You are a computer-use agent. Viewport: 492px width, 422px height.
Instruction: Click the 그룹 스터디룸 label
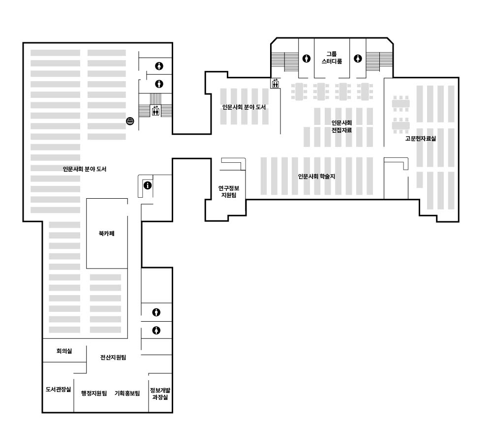point(332,58)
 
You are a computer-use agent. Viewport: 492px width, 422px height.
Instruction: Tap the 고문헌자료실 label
point(421,138)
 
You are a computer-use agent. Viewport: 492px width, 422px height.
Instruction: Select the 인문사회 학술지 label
point(316,177)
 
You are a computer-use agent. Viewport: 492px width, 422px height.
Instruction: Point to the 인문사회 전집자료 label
point(342,126)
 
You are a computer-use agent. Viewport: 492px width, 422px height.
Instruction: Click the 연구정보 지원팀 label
point(229,191)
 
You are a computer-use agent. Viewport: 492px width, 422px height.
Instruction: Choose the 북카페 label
point(107,234)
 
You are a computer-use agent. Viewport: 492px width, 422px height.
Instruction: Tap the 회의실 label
point(64,351)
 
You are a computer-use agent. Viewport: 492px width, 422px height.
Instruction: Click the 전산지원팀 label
point(113,357)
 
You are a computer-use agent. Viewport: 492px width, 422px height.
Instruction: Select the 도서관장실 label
point(59,390)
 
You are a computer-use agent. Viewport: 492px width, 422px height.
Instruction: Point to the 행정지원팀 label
point(94,393)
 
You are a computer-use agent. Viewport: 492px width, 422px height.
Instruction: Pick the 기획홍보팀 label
point(127,393)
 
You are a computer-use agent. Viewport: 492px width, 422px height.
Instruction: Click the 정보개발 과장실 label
point(160,393)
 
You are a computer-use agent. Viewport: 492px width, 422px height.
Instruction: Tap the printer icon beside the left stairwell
point(130,121)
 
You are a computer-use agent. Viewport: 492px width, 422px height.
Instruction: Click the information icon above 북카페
point(148,185)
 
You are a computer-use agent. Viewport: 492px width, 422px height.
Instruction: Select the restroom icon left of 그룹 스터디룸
point(306,59)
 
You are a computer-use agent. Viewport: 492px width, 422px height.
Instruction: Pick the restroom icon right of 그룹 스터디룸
point(358,59)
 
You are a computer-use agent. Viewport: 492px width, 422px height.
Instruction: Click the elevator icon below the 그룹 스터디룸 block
point(276,84)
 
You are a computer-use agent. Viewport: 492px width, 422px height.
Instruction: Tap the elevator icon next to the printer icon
point(155,111)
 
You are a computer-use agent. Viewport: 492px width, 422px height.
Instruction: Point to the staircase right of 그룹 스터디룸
point(379,61)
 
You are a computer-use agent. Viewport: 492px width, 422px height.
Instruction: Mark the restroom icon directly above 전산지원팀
point(156,331)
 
